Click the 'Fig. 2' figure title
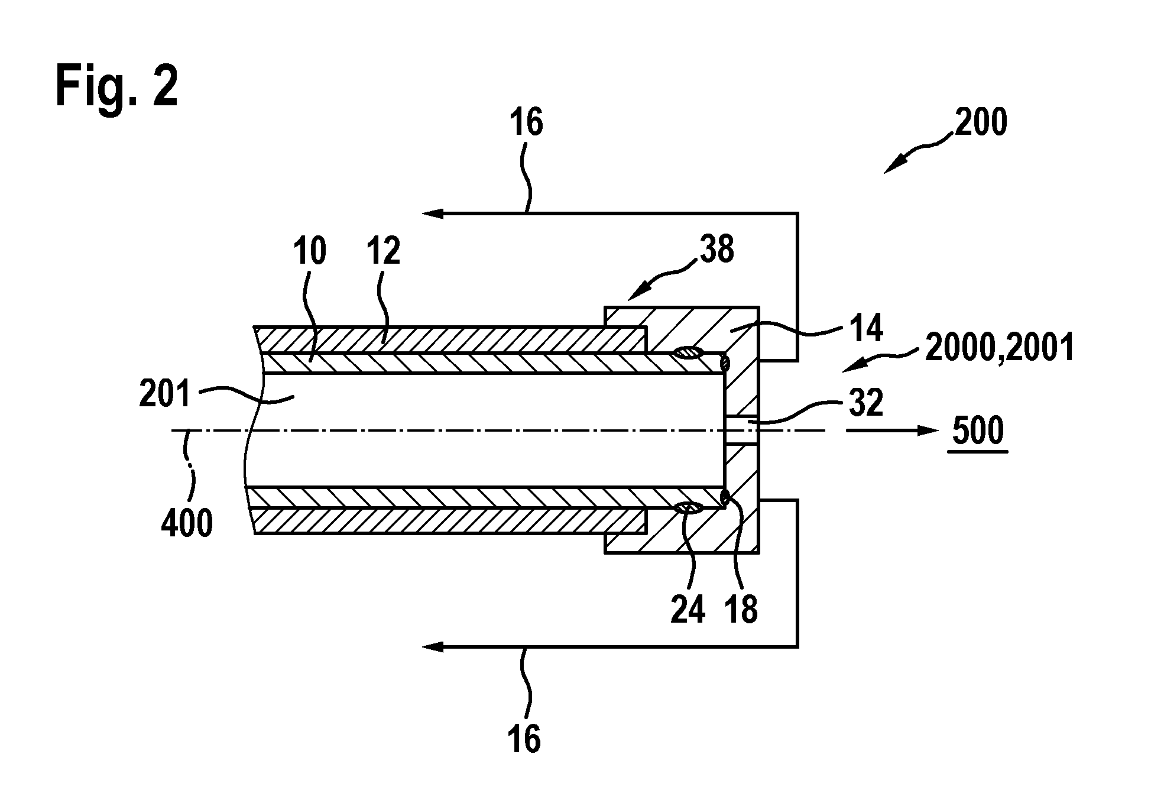[116, 87]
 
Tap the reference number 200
[980, 123]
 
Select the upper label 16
[526, 123]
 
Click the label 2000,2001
[999, 348]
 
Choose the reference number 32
[865, 403]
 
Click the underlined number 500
[978, 431]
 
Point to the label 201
[165, 394]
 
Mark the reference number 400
[187, 523]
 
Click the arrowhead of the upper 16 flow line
[433, 213]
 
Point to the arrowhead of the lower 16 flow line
[433, 647]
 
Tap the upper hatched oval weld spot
[688, 353]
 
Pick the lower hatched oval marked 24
[688, 507]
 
